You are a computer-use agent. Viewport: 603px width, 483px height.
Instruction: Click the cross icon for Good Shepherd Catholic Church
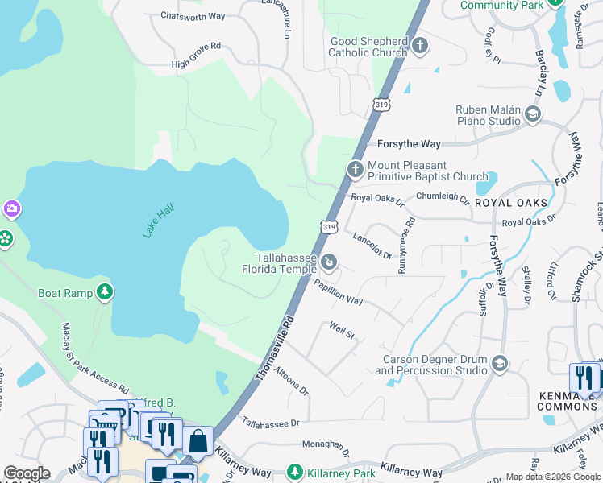coord(419,46)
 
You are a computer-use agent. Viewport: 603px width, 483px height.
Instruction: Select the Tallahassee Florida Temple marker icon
coord(329,262)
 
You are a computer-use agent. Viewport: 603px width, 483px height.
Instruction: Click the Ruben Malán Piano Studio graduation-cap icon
coord(532,114)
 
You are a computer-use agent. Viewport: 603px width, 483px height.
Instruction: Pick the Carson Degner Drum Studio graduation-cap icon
coord(500,364)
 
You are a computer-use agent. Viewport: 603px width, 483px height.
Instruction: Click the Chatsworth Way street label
coord(193,15)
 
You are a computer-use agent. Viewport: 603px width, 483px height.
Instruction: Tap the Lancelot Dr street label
coord(372,246)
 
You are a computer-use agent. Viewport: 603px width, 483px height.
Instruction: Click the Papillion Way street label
coord(339,291)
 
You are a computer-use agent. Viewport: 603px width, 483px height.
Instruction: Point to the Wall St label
coord(342,330)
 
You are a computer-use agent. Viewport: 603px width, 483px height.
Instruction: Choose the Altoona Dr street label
coord(290,379)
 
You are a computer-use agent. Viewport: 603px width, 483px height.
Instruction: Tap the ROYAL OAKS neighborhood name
coord(511,202)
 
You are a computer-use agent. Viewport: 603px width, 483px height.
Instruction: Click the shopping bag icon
coord(198,442)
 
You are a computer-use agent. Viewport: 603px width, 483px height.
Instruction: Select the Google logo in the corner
coord(26,473)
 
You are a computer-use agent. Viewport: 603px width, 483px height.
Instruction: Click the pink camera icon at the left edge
coord(11,210)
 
